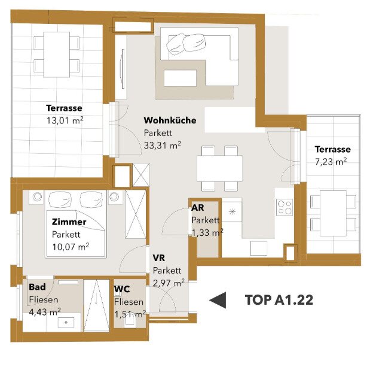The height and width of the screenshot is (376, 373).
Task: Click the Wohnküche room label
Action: [170, 120]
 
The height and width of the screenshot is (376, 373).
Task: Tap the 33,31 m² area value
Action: [163, 145]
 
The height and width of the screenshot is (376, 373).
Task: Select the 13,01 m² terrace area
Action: [65, 120]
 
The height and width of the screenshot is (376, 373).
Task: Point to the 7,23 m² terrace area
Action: [331, 162]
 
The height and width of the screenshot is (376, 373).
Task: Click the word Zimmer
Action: [69, 222]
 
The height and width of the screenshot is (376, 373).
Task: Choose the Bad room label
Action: [37, 287]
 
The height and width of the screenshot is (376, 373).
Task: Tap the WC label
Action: [122, 289]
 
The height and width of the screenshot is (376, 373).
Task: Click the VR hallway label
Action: [159, 258]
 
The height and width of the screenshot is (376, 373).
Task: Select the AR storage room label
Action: [197, 208]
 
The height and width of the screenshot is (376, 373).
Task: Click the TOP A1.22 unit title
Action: [279, 300]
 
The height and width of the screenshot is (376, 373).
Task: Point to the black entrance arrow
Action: [218, 300]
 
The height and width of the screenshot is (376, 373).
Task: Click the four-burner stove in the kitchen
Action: [285, 207]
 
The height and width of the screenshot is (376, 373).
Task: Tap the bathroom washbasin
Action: [66, 322]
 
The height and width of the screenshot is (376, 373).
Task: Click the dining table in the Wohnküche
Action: [219, 168]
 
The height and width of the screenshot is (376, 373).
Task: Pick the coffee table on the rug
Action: [181, 78]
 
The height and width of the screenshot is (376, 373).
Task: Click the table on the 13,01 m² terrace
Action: [57, 54]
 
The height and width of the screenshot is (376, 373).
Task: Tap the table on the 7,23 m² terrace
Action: [334, 213]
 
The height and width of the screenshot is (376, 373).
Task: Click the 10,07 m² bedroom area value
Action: [71, 247]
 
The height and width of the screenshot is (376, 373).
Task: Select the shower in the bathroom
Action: [97, 305]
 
